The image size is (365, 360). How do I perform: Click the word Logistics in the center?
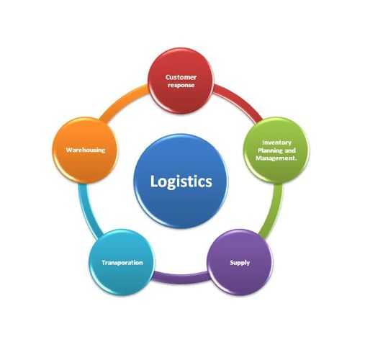[181, 181]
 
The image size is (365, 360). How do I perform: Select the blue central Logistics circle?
[181, 181]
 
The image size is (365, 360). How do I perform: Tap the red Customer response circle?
[181, 81]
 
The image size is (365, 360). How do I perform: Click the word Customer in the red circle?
[181, 77]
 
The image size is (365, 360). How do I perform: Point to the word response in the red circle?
[181, 85]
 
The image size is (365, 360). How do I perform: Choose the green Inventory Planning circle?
[276, 150]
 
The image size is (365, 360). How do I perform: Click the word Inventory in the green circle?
[276, 143]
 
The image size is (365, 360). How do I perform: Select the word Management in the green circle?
[275, 158]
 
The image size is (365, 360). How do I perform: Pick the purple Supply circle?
[240, 262]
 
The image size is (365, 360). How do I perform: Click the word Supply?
[240, 263]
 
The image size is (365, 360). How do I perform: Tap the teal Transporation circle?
[122, 262]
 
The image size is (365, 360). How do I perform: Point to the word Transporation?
[122, 263]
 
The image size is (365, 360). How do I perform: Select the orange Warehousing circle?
[86, 150]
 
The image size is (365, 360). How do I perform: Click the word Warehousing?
[86, 150]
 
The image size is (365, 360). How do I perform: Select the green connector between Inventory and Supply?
[273, 211]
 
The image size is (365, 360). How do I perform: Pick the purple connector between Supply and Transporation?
[181, 277]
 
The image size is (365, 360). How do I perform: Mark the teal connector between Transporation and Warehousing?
[88, 211]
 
